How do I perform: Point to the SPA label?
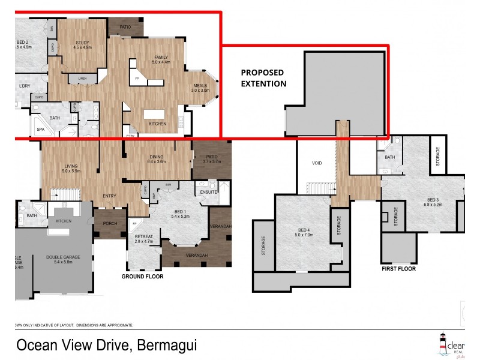pyautogui.click(x=41, y=129)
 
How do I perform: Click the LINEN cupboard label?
pyautogui.click(x=82, y=79)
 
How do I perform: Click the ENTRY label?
pyautogui.click(x=109, y=196)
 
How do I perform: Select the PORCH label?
pyautogui.click(x=109, y=224)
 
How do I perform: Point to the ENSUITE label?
pyautogui.click(x=209, y=193)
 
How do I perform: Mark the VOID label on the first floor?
pyautogui.click(x=317, y=163)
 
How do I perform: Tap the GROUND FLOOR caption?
pyautogui.click(x=143, y=277)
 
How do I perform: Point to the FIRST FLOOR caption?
pyautogui.click(x=399, y=269)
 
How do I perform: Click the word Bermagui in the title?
pyautogui.click(x=167, y=346)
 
